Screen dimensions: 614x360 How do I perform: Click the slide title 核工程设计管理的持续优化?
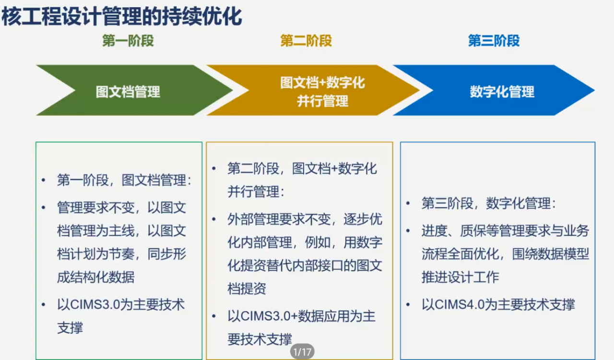click(121, 16)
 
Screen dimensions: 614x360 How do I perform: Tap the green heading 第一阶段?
click(128, 41)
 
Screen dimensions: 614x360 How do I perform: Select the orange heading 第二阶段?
click(306, 41)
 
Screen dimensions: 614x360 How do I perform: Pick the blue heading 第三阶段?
click(494, 41)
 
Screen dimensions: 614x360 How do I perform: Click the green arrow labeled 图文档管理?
click(134, 90)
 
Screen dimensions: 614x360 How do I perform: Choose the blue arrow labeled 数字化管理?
click(494, 90)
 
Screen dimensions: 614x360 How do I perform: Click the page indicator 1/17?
click(302, 351)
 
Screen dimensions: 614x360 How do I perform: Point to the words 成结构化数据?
click(96, 277)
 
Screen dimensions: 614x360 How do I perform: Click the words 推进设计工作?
click(460, 277)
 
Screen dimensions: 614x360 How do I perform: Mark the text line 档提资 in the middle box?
click(247, 288)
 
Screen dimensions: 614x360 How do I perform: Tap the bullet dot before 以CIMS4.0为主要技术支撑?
click(408, 305)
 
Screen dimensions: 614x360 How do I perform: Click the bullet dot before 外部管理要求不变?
click(214, 219)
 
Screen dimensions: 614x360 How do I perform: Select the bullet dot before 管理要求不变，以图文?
click(43, 207)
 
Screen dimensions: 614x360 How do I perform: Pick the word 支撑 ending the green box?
click(70, 328)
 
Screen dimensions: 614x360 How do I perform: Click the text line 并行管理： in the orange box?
click(256, 191)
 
